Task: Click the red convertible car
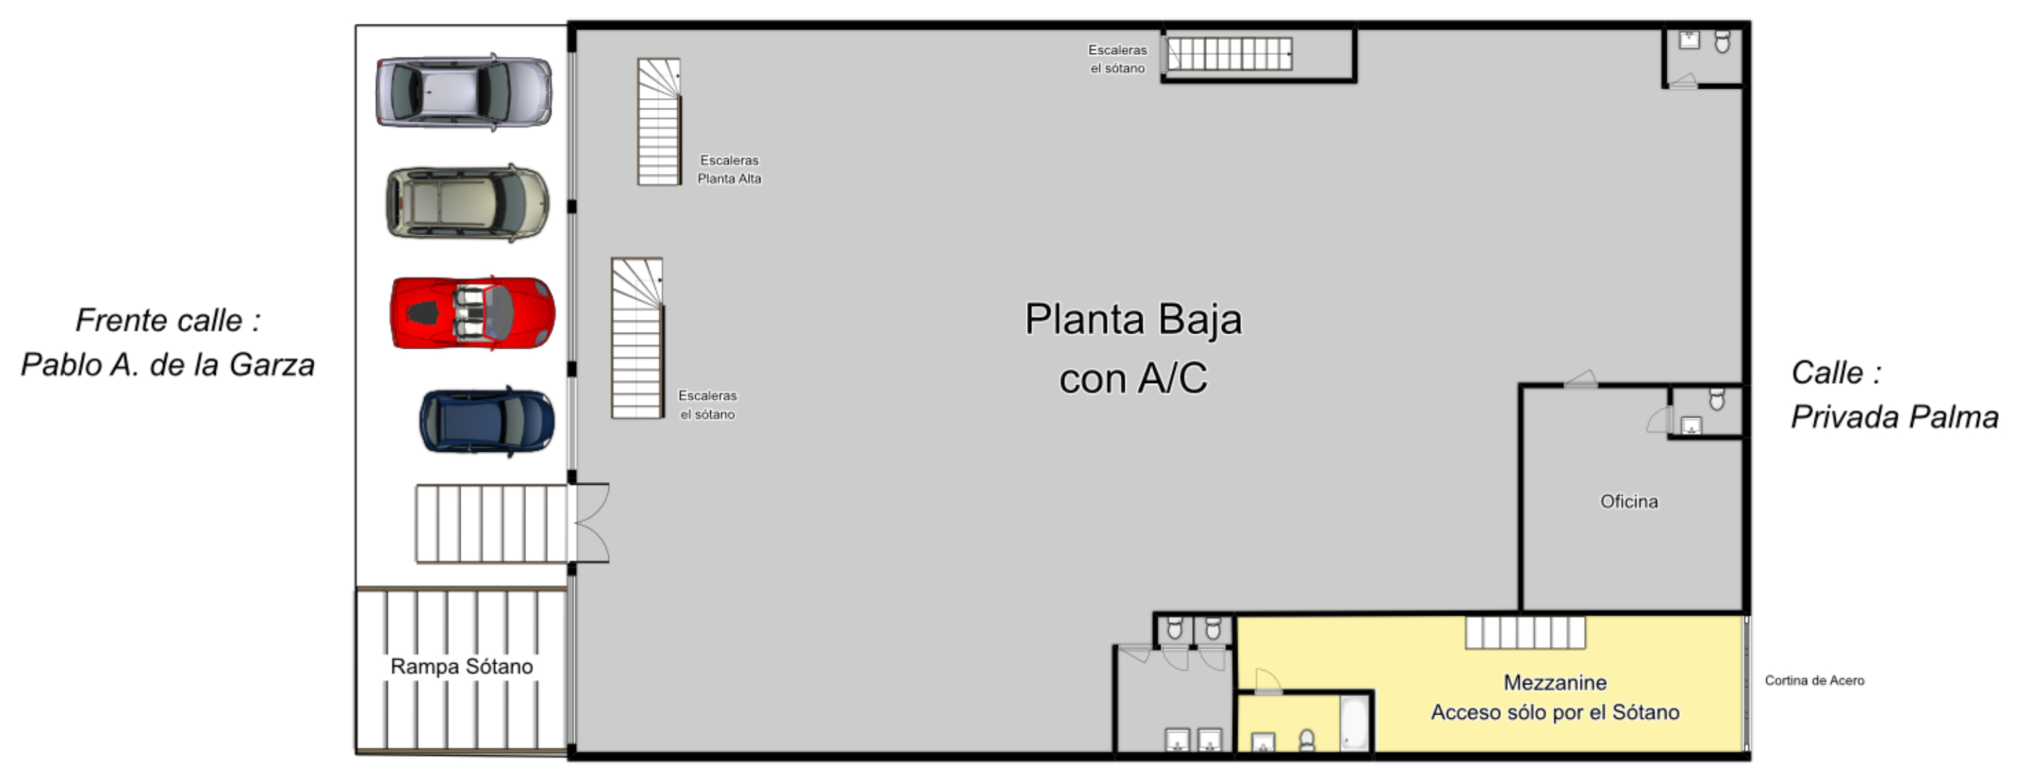[473, 312]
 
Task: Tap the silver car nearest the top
[464, 92]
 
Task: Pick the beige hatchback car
[467, 203]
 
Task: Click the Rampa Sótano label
[462, 666]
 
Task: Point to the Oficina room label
[1629, 501]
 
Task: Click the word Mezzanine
[1555, 682]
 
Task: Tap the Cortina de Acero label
[1814, 681]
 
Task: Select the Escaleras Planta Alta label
[729, 169]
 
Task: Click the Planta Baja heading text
[1133, 320]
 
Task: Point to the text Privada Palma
[1895, 417]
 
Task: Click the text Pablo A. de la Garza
[168, 365]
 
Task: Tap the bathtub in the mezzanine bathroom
[1355, 722]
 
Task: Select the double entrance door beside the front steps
[589, 522]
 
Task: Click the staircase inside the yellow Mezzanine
[1525, 633]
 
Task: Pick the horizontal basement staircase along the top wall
[1228, 54]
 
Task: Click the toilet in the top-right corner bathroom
[1723, 42]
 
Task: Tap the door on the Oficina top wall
[1580, 378]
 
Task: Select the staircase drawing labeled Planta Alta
[659, 122]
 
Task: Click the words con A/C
[1133, 378]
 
